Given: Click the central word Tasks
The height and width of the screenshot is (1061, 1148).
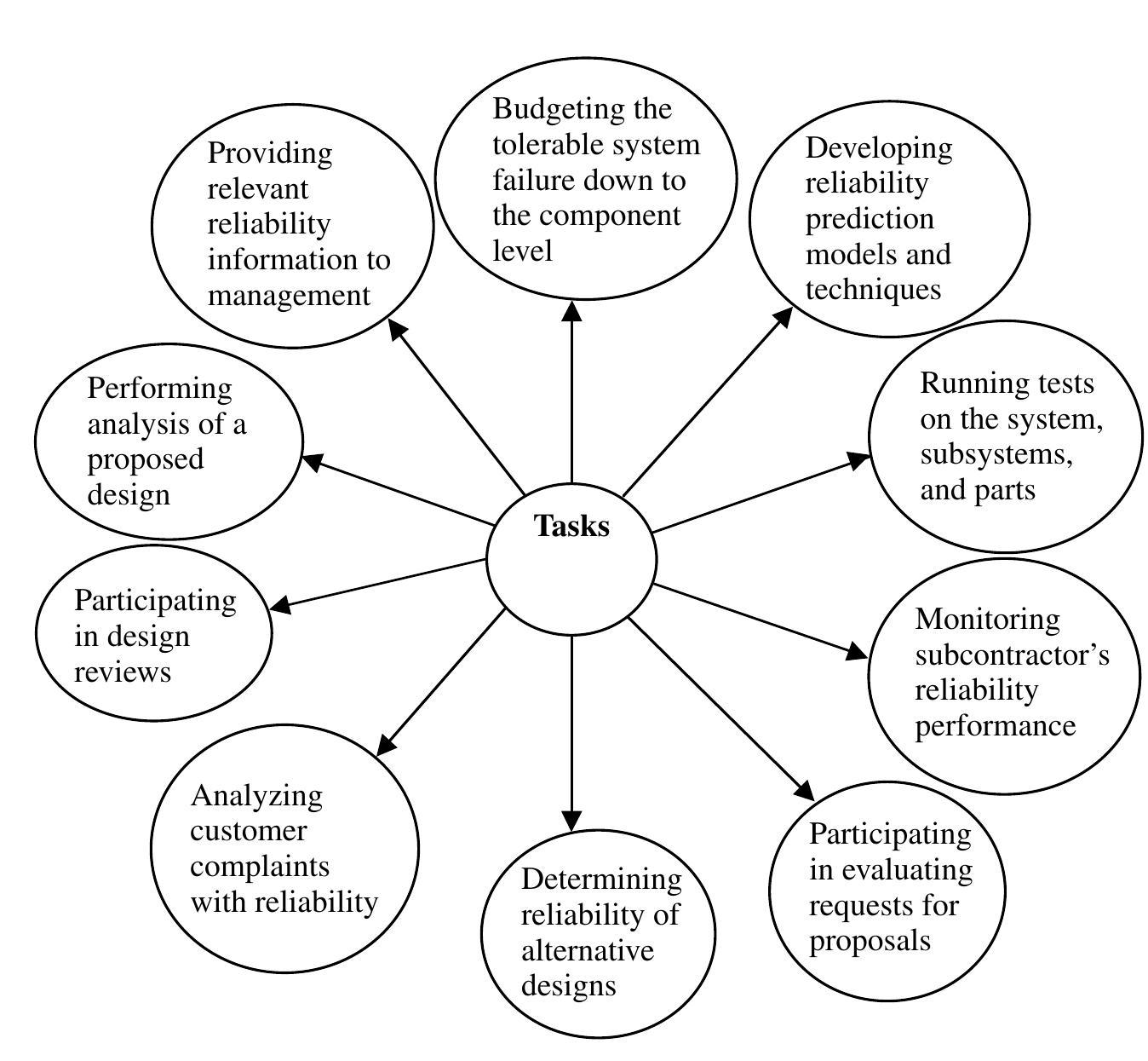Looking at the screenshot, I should point(571,527).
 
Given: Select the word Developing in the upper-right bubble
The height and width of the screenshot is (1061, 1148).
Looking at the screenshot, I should point(879,148).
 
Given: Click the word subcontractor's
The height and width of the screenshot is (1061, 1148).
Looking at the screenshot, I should point(1012,654).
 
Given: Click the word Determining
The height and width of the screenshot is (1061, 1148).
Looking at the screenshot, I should point(601,879).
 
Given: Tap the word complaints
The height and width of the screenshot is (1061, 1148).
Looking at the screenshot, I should point(260,866).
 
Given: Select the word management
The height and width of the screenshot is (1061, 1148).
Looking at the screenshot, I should point(290,295).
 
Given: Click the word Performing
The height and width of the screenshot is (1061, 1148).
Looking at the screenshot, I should point(159,389).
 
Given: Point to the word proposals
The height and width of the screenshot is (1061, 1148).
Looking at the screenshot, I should point(870,941).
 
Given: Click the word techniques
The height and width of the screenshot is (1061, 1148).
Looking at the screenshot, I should point(873,290).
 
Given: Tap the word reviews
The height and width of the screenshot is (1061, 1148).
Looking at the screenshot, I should point(123,672).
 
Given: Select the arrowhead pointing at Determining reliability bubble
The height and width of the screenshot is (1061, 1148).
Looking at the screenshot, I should point(572,820).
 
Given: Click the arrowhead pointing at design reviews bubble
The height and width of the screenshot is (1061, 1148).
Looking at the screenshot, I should point(280,605).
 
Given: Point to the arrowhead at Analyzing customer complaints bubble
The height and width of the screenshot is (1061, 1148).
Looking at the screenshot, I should point(386,745).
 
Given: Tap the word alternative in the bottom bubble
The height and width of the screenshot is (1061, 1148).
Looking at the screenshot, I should point(588,949).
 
